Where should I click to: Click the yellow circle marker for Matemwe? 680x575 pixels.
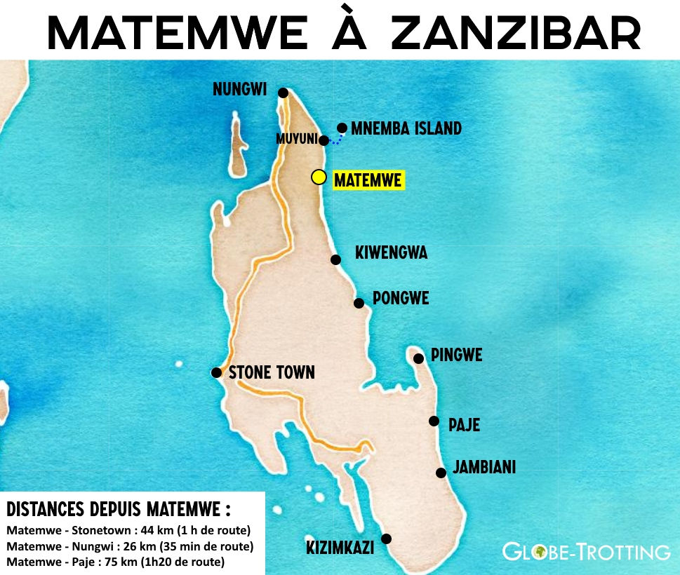tap(319, 177)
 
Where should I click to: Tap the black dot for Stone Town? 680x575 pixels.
tap(216, 372)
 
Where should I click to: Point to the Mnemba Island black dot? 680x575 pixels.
tap(342, 128)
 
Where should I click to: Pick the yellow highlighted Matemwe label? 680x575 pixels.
tap(368, 180)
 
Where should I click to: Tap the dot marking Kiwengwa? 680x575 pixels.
tap(335, 259)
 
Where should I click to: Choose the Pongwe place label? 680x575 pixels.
tap(401, 299)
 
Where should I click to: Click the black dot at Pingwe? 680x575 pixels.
tap(418, 358)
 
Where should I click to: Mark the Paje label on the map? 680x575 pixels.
tap(464, 425)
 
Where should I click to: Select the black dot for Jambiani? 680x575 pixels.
tap(441, 473)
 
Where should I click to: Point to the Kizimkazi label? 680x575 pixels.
tap(340, 548)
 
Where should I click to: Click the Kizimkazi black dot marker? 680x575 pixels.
tap(385, 539)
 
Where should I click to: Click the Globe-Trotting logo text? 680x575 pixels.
tap(586, 552)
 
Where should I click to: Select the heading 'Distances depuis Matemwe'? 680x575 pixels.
tap(118, 508)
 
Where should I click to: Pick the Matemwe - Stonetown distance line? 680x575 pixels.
tap(128, 529)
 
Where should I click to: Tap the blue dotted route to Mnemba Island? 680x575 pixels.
tap(336, 139)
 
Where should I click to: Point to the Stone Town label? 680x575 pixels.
tap(272, 372)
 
